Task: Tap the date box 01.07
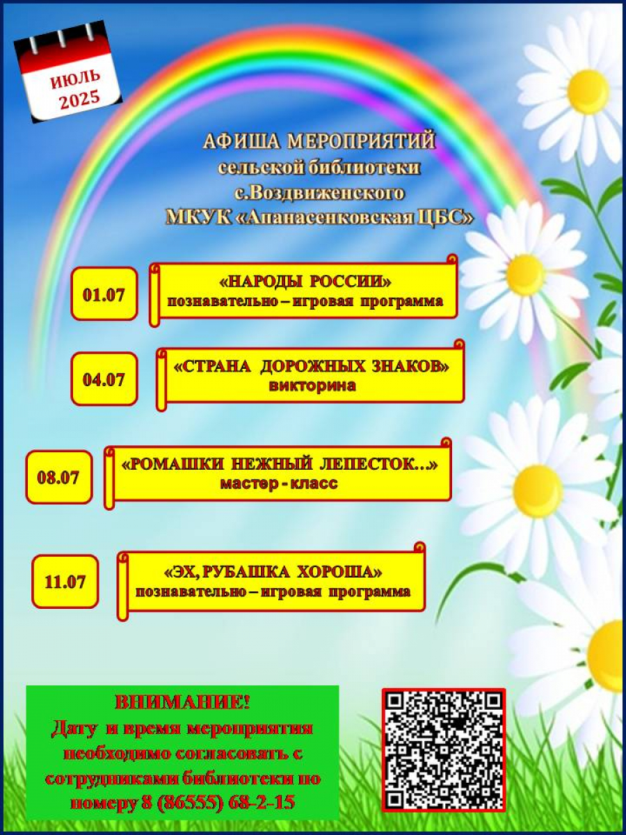pyautogui.click(x=104, y=294)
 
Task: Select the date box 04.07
pyautogui.click(x=104, y=379)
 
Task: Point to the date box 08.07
pyautogui.click(x=58, y=477)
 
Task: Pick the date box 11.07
pyautogui.click(x=65, y=581)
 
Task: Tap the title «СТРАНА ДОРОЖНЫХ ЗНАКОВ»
pyautogui.click(x=312, y=367)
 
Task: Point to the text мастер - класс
pyautogui.click(x=278, y=483)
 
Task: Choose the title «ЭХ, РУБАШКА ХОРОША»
pyautogui.click(x=273, y=572)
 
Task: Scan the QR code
pyautogui.click(x=443, y=749)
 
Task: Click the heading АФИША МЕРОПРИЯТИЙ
pyautogui.click(x=319, y=141)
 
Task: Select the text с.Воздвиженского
pyautogui.click(x=319, y=191)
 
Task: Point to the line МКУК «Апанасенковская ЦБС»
pyautogui.click(x=319, y=216)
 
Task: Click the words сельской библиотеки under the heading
pyautogui.click(x=319, y=167)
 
